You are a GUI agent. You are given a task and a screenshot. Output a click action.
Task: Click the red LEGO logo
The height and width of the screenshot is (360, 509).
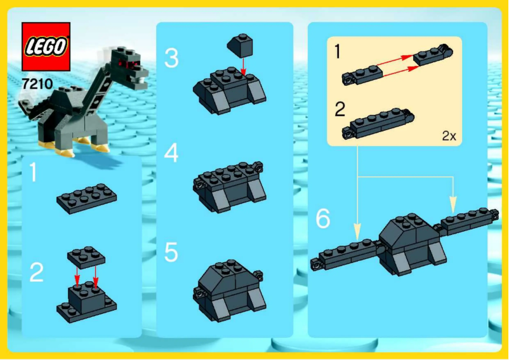pyautogui.click(x=46, y=46)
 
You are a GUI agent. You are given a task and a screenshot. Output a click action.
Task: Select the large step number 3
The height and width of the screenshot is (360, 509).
pyautogui.click(x=171, y=58)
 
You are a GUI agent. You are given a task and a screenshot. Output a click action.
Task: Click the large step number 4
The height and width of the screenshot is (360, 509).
pyautogui.click(x=171, y=153)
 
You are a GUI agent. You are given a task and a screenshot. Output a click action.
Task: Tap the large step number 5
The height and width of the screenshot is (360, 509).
pyautogui.click(x=171, y=252)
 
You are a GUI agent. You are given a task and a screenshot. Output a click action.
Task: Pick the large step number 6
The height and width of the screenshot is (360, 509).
pyautogui.click(x=323, y=219)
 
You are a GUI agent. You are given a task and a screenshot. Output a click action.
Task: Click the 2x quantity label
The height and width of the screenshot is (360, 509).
pyautogui.click(x=449, y=136)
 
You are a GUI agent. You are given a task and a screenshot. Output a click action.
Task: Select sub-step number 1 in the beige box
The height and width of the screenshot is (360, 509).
pyautogui.click(x=340, y=53)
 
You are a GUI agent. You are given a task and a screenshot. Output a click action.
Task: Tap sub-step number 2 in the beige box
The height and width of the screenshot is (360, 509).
pyautogui.click(x=340, y=109)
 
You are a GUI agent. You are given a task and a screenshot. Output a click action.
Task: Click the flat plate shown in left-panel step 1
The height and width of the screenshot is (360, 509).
pyautogui.click(x=86, y=198)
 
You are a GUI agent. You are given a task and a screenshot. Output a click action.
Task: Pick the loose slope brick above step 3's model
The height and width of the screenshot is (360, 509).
pyautogui.click(x=239, y=45)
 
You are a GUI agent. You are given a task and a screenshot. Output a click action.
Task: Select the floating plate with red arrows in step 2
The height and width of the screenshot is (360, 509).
pyautogui.click(x=86, y=255)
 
